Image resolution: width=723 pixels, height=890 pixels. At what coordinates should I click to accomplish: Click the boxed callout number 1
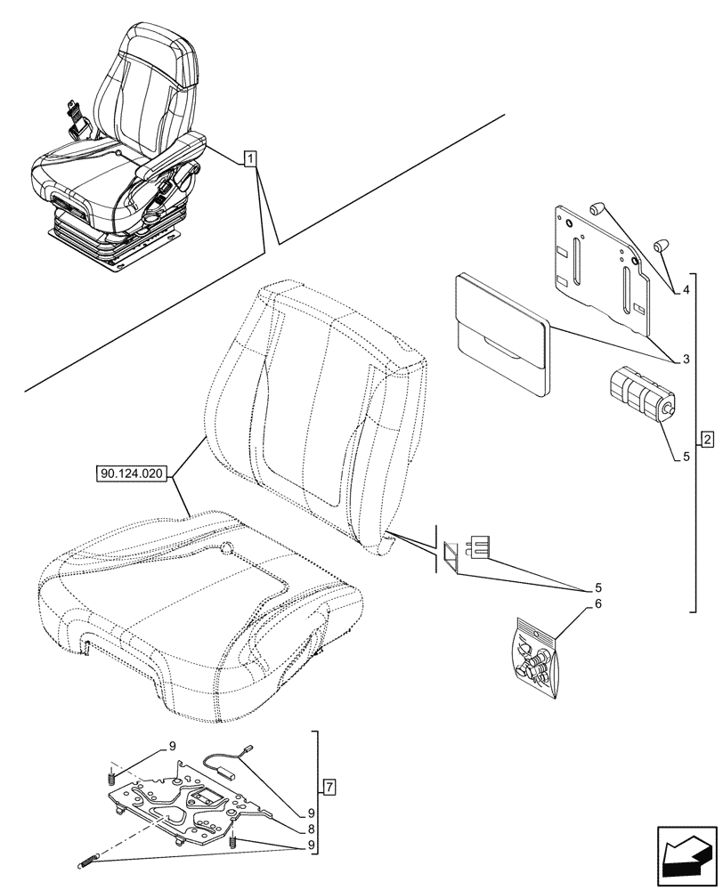pos(251,159)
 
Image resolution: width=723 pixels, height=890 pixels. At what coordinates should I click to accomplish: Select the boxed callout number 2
pos(706,440)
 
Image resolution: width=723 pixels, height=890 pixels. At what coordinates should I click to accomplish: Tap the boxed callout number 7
pos(329,787)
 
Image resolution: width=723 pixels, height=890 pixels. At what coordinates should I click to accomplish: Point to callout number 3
pos(686,360)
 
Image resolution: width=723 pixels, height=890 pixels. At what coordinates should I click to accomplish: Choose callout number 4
pos(686,290)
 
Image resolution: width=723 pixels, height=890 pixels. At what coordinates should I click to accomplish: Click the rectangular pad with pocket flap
pos(501,331)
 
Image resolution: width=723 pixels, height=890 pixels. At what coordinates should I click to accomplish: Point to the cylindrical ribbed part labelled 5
pos(639,392)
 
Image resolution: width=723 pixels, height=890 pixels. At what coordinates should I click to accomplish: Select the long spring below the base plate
pos(89,860)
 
